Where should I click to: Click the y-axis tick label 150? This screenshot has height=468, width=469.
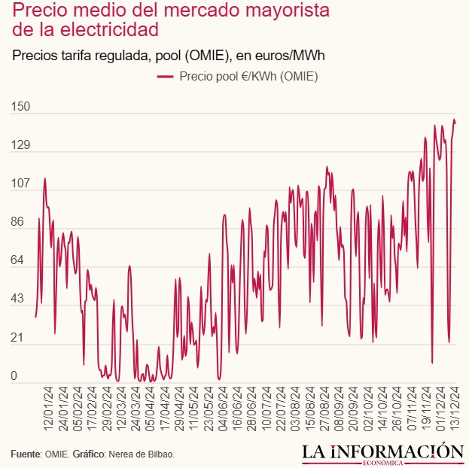pos(20,108)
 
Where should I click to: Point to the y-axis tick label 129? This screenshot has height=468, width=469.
pos(20,146)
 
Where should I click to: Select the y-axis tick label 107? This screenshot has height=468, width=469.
pos(20,184)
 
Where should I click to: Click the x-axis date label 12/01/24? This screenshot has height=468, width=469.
pos(49,409)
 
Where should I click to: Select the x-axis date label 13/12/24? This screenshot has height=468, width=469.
pos(455,409)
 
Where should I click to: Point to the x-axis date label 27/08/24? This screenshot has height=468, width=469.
pos(324,409)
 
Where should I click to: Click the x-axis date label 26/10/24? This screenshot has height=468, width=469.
pos(397,409)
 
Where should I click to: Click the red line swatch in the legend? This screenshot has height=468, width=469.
pos(165,77)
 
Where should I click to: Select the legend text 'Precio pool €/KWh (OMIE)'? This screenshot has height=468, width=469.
pos(248,77)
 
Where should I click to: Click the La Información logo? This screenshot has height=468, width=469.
pos(382,453)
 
